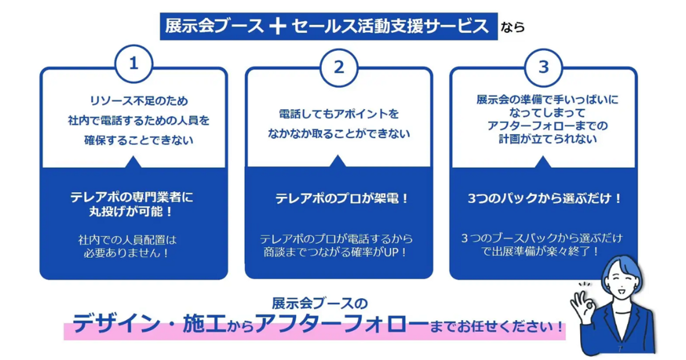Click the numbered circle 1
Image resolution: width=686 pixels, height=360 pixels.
[134, 65]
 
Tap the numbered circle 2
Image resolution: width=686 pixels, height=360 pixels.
[339, 67]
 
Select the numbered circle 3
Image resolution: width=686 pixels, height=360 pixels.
[544, 67]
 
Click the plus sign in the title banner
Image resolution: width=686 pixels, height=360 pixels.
[277, 26]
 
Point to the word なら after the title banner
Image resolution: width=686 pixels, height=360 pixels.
[513, 27]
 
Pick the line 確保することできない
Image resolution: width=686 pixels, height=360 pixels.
[134, 139]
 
